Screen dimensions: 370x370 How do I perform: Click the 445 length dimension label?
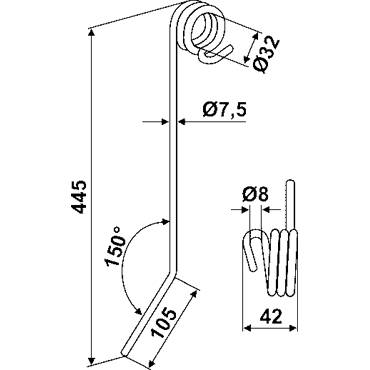pyautogui.click(x=79, y=197)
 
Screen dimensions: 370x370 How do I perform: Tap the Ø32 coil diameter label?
pyautogui.click(x=266, y=54)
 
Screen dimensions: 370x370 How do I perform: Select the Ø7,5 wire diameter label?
pyautogui.click(x=224, y=110)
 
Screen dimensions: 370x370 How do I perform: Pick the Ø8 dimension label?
pyautogui.click(x=255, y=195)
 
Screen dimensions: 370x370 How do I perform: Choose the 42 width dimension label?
pyautogui.click(x=271, y=316)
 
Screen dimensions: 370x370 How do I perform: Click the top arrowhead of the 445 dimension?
pyautogui.click(x=91, y=33)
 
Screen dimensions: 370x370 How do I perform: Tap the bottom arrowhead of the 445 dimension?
pyautogui.click(x=91, y=361)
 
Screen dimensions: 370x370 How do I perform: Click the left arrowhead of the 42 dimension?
pyautogui.click(x=247, y=328)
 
